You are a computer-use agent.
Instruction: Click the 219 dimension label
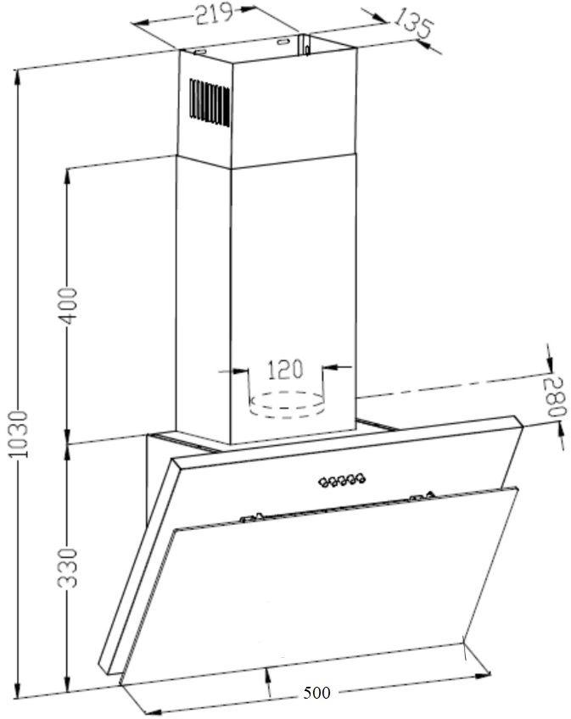pos(215,14)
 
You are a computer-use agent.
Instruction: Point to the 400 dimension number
pos(70,306)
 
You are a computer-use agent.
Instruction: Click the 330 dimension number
pos(68,568)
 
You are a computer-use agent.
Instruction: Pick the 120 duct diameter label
pos(284,370)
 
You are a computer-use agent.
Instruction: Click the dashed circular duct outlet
pos(288,404)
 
